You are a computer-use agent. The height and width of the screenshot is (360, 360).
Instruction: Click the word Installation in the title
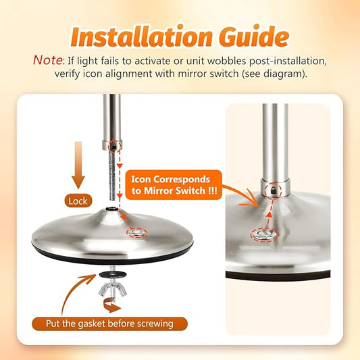pyautogui.click(x=140, y=36)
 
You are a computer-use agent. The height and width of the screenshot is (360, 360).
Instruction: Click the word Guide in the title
pyautogui.click(x=253, y=36)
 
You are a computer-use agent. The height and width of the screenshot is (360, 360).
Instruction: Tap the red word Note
pyautogui.click(x=47, y=60)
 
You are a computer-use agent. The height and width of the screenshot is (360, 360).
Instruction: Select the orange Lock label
pyautogui.click(x=78, y=201)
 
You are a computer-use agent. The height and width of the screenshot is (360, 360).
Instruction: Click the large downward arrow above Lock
pyautogui.click(x=78, y=165)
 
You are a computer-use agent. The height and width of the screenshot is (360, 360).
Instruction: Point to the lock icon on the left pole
pyautogui.click(x=113, y=146)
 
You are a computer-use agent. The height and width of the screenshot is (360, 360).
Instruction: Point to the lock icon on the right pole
pyautogui.click(x=274, y=190)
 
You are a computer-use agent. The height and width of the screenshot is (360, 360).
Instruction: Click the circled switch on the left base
pyautogui.click(x=137, y=233)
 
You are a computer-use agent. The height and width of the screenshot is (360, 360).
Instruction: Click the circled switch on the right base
pyautogui.click(x=265, y=234)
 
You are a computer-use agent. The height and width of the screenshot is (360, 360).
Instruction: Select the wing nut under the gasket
pyautogui.click(x=113, y=290)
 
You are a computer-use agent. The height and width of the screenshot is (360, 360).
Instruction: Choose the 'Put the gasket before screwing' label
pyautogui.click(x=109, y=324)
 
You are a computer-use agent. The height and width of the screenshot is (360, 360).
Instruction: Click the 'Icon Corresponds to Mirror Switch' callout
pyautogui.click(x=174, y=185)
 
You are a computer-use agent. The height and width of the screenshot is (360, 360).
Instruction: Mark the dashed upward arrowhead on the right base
pyautogui.click(x=269, y=215)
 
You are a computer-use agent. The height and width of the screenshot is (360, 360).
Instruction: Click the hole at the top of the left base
pyautogui.click(x=112, y=209)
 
